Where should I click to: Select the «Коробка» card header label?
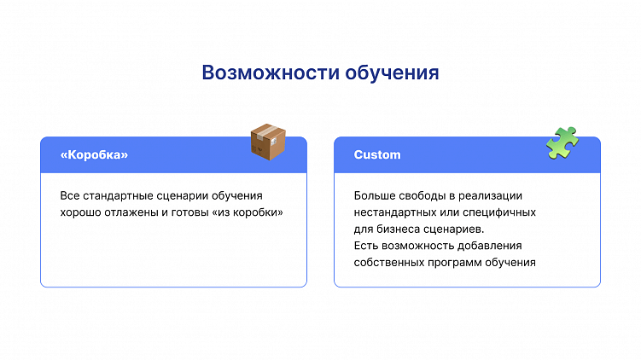click(95, 155)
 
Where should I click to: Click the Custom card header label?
click(377, 155)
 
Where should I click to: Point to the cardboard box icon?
click(267, 142)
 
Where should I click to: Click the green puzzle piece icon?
click(562, 142)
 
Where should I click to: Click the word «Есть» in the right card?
click(366, 246)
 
